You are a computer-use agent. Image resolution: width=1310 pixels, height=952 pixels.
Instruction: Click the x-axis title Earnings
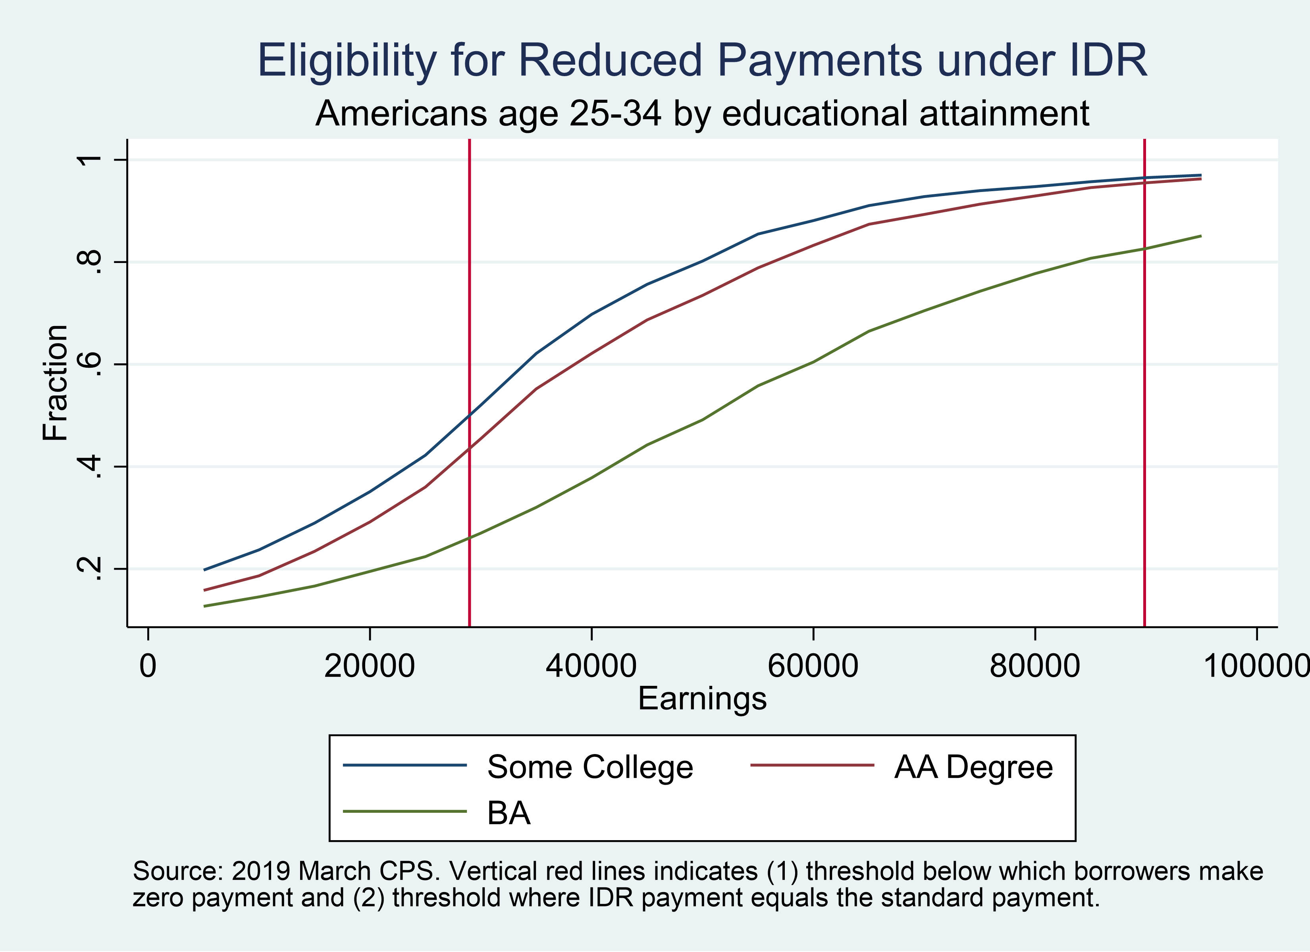pos(702,698)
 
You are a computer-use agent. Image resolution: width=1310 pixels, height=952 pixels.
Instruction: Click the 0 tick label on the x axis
pos(148,666)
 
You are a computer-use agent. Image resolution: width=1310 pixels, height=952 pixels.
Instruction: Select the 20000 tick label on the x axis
pos(369,666)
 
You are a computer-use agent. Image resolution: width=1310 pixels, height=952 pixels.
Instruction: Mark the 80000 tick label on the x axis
pos(1035,666)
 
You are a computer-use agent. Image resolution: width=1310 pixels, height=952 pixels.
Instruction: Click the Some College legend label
pos(590,767)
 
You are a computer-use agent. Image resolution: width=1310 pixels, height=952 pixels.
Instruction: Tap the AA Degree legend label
pos(973,767)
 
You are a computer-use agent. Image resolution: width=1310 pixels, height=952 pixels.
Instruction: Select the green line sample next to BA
pos(405,812)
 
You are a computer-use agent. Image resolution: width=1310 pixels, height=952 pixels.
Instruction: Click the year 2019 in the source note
pos(260,871)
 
